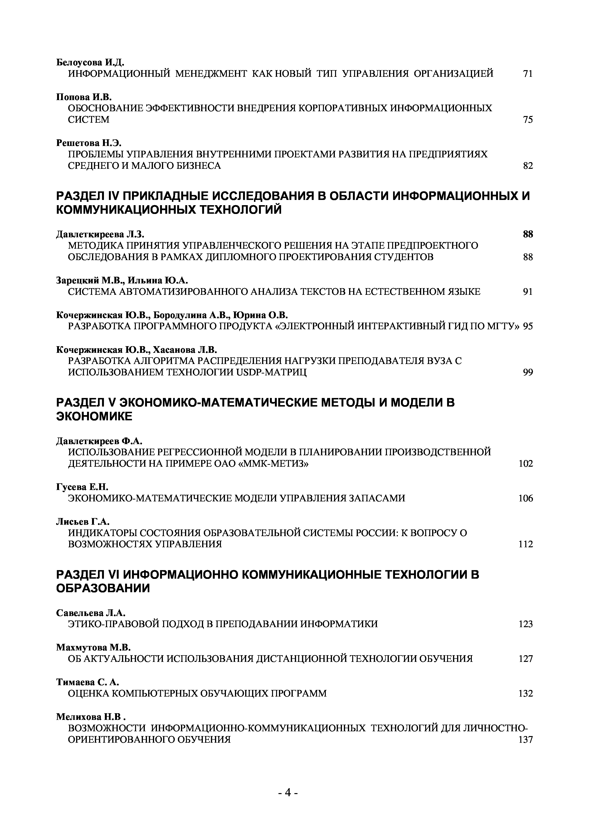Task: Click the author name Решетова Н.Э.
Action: click(88, 143)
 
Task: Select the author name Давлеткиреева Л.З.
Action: click(103, 234)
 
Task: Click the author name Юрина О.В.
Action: click(260, 315)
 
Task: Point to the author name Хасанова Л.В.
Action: click(184, 350)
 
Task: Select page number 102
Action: click(526, 464)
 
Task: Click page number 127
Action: click(526, 659)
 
